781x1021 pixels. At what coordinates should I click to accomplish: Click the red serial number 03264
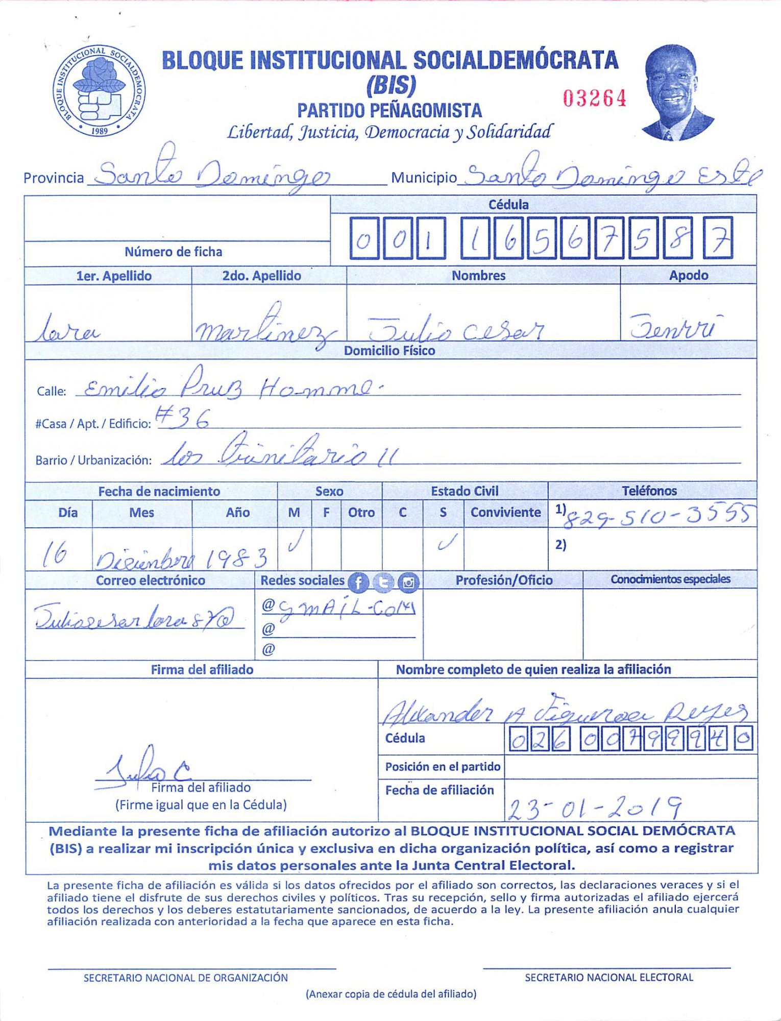coord(595,98)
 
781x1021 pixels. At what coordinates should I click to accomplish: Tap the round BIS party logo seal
coord(100,90)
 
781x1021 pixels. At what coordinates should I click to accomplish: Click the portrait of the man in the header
coord(677,93)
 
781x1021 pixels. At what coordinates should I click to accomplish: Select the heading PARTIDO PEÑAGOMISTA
coord(389,110)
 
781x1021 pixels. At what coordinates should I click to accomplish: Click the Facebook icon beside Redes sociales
coord(358,582)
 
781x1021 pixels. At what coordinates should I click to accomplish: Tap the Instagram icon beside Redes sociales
coord(408,582)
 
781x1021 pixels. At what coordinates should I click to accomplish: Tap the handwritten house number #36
coord(183,419)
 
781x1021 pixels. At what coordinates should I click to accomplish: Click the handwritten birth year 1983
coord(236,558)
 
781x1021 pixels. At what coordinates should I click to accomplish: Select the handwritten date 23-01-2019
coord(595,807)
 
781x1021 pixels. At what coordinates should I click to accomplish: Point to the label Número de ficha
coord(173,252)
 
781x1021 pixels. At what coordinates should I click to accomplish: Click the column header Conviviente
coord(505,513)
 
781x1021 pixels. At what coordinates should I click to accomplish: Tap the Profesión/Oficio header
coord(504,580)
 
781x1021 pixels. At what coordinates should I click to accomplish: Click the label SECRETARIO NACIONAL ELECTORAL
coord(608,978)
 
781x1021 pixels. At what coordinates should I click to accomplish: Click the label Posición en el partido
coord(443,767)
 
